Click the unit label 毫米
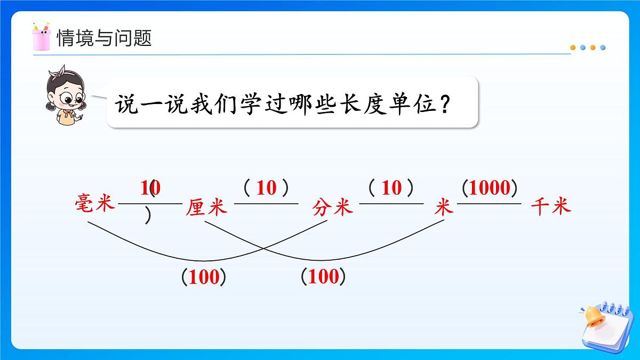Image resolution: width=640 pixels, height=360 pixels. [95, 203]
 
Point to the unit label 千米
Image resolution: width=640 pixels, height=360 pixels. [551, 206]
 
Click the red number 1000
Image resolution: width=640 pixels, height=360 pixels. [490, 188]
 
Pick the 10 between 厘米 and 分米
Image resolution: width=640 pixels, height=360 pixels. [267, 188]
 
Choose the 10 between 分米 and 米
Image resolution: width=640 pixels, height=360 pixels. [392, 188]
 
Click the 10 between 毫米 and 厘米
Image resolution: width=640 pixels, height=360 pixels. [150, 188]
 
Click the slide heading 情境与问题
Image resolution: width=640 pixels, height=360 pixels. [104, 38]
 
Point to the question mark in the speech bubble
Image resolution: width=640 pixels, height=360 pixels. [444, 102]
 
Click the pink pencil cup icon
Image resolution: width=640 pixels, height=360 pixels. [41, 36]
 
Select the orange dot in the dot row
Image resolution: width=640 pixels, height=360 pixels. [573, 47]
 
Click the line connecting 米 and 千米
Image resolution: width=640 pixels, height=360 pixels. [489, 203]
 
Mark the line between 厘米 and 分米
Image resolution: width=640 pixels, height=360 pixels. [266, 203]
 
